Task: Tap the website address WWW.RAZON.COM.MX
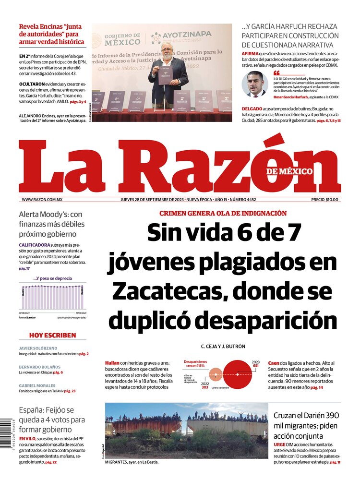42,200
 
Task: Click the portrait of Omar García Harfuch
255,84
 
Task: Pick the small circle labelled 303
216,374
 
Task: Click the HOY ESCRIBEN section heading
53,335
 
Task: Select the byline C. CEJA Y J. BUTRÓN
222,346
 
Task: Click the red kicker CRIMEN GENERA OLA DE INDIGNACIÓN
223,213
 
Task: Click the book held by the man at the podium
165,75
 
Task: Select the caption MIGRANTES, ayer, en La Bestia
132,462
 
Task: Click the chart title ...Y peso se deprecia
53,278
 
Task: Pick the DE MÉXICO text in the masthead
289,172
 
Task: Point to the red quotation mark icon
276,73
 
